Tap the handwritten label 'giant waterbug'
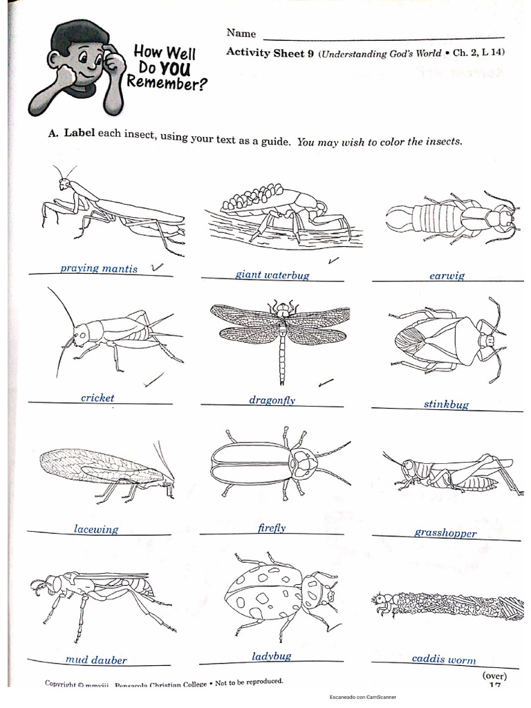[272, 274]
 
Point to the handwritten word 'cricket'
[97, 398]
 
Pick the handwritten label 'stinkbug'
[446, 404]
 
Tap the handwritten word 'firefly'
[270, 528]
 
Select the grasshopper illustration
[449, 472]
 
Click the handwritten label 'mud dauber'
[96, 660]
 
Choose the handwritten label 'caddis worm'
[444, 660]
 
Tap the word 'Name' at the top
[241, 33]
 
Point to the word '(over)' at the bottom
[494, 676]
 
